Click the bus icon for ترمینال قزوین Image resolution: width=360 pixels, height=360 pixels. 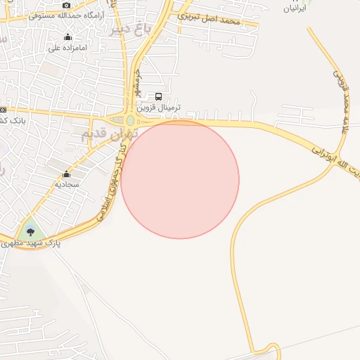click(158, 97)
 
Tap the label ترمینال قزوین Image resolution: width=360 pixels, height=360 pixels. click(160, 108)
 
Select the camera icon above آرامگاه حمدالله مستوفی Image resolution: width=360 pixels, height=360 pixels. click(66, 5)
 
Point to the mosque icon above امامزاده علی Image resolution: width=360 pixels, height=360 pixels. click(67, 37)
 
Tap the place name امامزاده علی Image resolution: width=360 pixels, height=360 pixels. click(67, 48)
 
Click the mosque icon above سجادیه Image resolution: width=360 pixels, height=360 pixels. click(67, 174)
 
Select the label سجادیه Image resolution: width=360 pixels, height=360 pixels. click(67, 184)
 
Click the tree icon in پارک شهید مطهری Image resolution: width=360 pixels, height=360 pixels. click(30, 231)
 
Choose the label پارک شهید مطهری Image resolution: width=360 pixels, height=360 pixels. click(28, 243)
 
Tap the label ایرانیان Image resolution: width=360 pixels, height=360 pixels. click(295, 8)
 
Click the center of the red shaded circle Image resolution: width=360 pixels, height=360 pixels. click(180, 179)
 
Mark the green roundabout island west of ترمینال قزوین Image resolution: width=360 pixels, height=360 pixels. click(130, 120)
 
